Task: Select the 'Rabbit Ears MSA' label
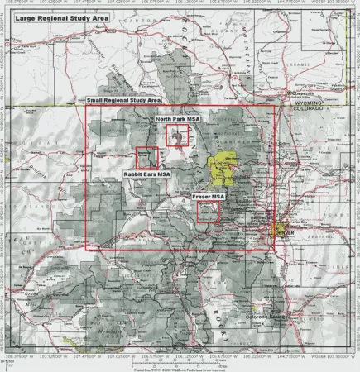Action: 146,174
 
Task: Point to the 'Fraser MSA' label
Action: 208,197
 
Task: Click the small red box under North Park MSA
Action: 176,136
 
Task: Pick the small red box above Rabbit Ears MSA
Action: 146,158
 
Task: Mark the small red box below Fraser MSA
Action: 208,212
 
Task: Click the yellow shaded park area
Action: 223,169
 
